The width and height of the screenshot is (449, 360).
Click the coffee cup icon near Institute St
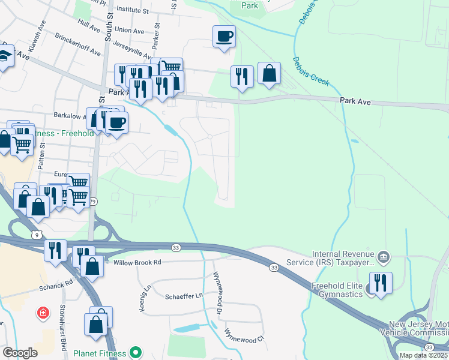point(224,36)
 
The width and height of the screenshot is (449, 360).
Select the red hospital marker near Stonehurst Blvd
point(43,313)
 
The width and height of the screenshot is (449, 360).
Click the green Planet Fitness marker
point(136,353)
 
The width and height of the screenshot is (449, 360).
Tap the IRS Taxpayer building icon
point(384,258)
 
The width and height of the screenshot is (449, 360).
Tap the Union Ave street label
point(130,29)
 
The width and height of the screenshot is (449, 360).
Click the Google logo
point(20,353)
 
